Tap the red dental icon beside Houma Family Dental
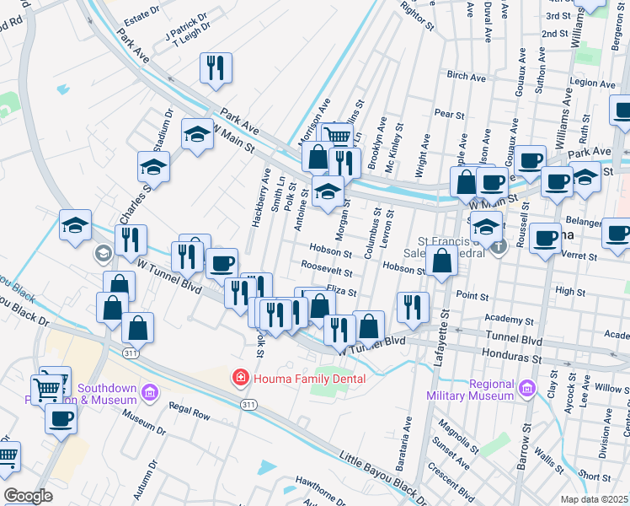point(241,378)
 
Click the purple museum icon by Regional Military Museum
point(527,388)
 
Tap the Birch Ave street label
point(467,76)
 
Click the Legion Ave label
point(593,83)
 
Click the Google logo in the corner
point(28,496)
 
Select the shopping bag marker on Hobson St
point(441,261)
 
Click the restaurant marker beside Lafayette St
point(412,308)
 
